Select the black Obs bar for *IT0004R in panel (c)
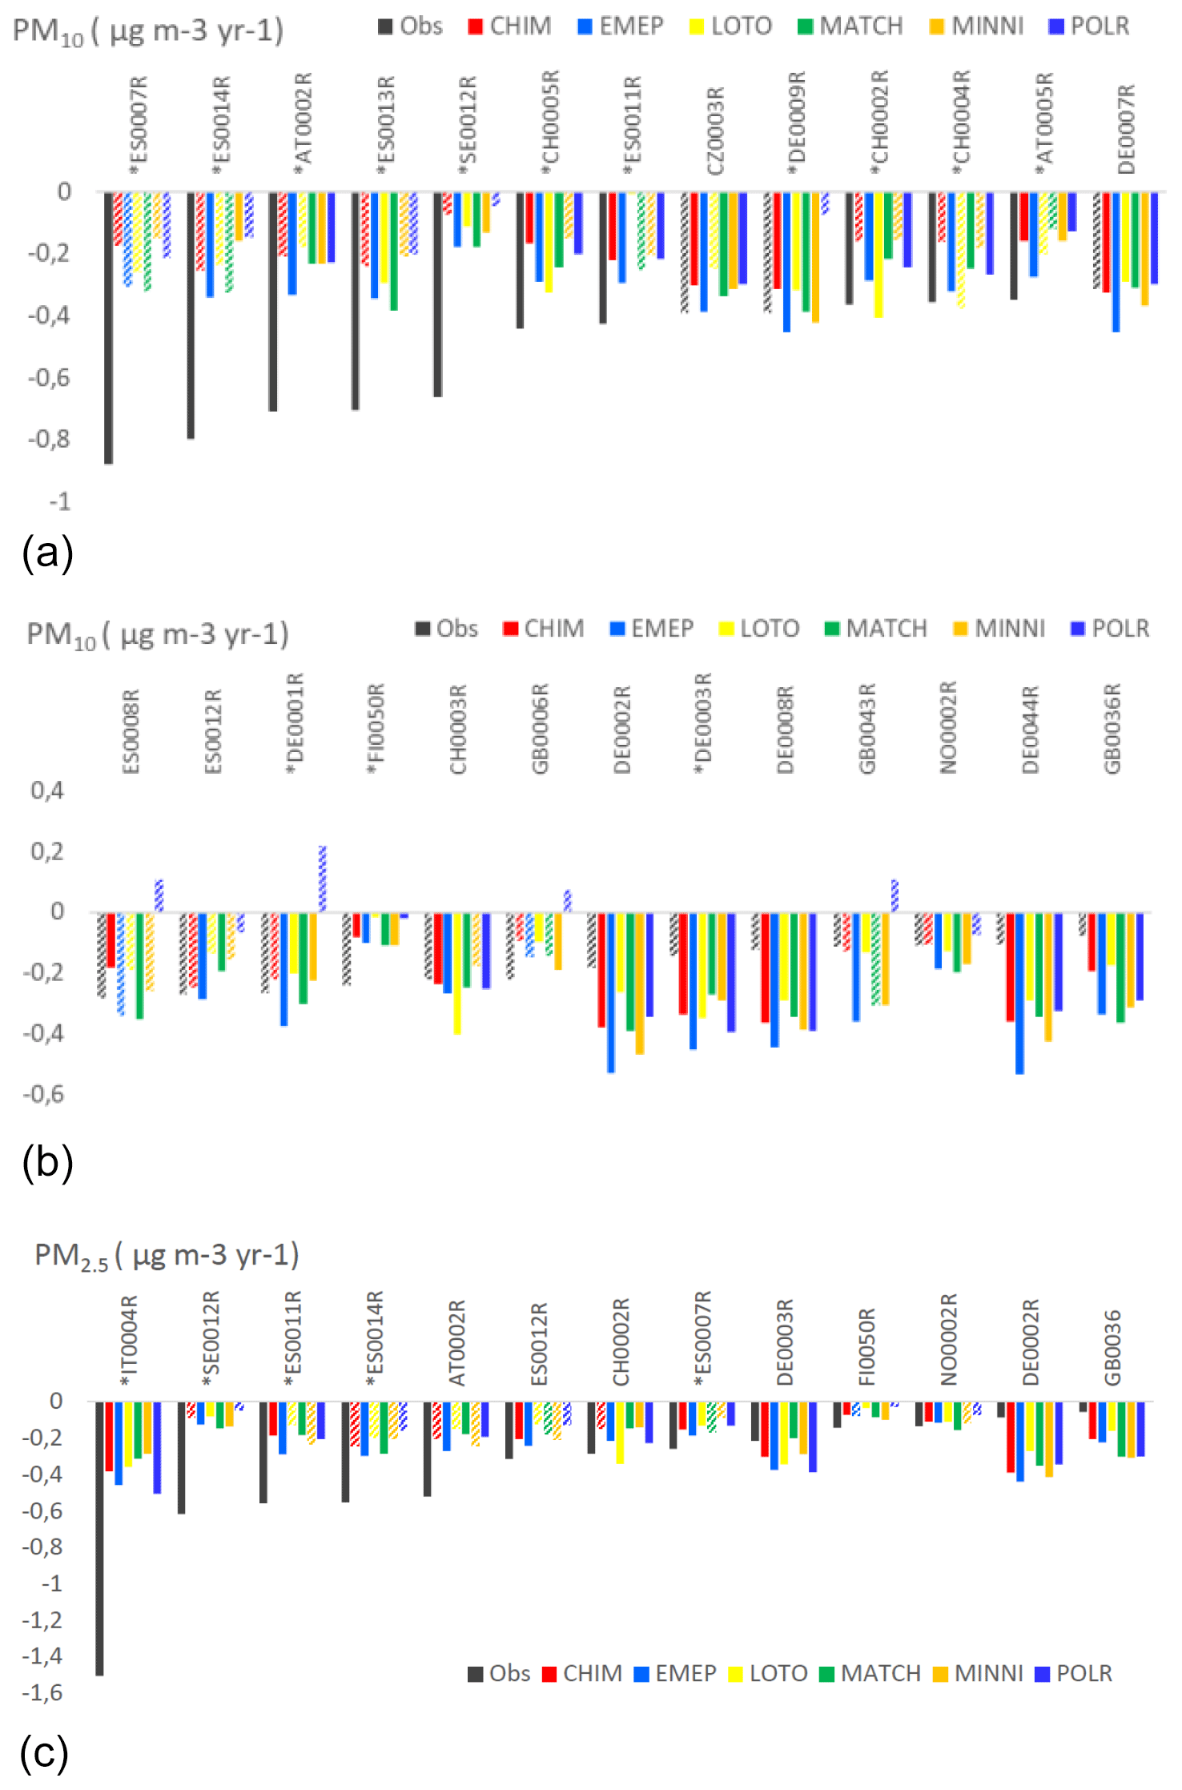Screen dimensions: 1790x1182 point(99,1538)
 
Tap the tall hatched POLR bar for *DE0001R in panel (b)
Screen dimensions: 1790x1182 point(323,879)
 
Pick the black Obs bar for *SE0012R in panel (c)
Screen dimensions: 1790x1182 point(182,1458)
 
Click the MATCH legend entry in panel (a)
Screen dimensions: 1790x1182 point(850,26)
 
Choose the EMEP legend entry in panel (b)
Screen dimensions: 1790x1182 point(652,629)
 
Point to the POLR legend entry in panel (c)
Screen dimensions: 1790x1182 point(1074,1673)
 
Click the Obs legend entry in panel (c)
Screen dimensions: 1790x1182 point(499,1673)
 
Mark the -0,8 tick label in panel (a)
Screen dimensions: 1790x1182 point(49,439)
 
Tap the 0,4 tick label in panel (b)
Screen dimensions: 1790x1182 point(47,790)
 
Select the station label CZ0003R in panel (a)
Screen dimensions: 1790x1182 point(715,131)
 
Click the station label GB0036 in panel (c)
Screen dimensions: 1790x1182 point(1112,1348)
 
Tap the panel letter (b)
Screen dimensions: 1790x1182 point(47,1162)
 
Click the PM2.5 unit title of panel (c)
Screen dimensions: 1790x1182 point(167,1255)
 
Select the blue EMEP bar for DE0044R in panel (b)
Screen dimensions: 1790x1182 point(1019,993)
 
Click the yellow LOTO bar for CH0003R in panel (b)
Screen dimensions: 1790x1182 point(457,973)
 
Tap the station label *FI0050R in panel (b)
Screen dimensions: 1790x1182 point(376,728)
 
